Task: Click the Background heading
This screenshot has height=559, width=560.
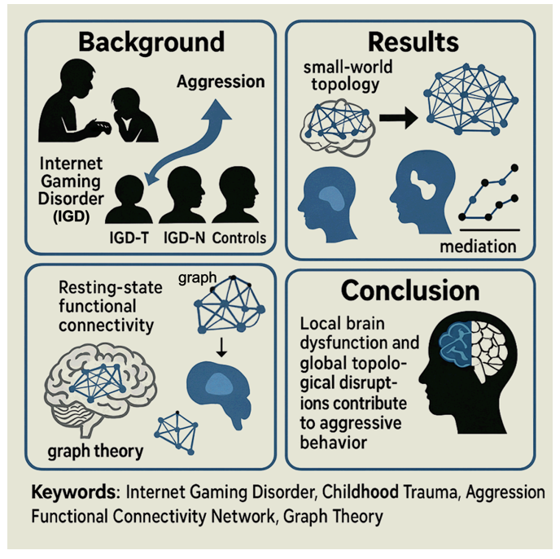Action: [x=147, y=41]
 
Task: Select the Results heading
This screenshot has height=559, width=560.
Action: [x=413, y=41]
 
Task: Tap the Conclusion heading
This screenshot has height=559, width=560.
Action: [x=412, y=290]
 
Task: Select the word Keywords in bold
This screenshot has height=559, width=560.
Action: [x=75, y=492]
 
